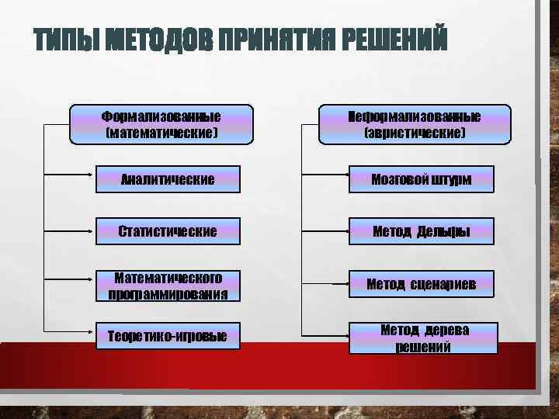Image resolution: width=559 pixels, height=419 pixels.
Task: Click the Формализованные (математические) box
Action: [161, 125]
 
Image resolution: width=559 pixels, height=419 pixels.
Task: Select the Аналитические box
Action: [168, 180]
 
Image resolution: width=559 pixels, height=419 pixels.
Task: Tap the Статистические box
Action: [168, 231]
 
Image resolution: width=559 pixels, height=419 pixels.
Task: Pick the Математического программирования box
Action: [168, 286]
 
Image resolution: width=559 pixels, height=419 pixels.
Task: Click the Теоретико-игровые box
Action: [168, 336]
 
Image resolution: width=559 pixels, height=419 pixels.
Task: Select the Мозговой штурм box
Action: [422, 180]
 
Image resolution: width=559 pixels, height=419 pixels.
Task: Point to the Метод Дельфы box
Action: [422, 231]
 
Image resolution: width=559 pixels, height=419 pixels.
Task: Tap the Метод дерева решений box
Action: [423, 338]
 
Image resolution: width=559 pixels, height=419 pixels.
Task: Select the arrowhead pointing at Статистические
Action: [91, 231]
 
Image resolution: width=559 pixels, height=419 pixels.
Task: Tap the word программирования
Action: [168, 294]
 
